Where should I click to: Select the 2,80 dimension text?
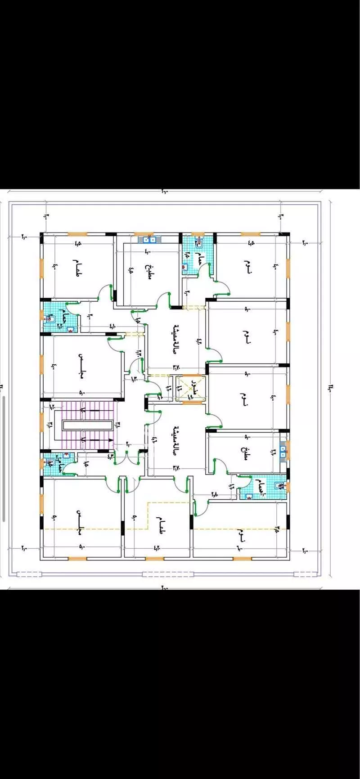pos(214,494)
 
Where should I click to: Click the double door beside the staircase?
pos(128,455)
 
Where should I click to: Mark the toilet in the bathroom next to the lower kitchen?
pos(279,486)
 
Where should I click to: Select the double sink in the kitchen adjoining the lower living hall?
pos(283,451)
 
